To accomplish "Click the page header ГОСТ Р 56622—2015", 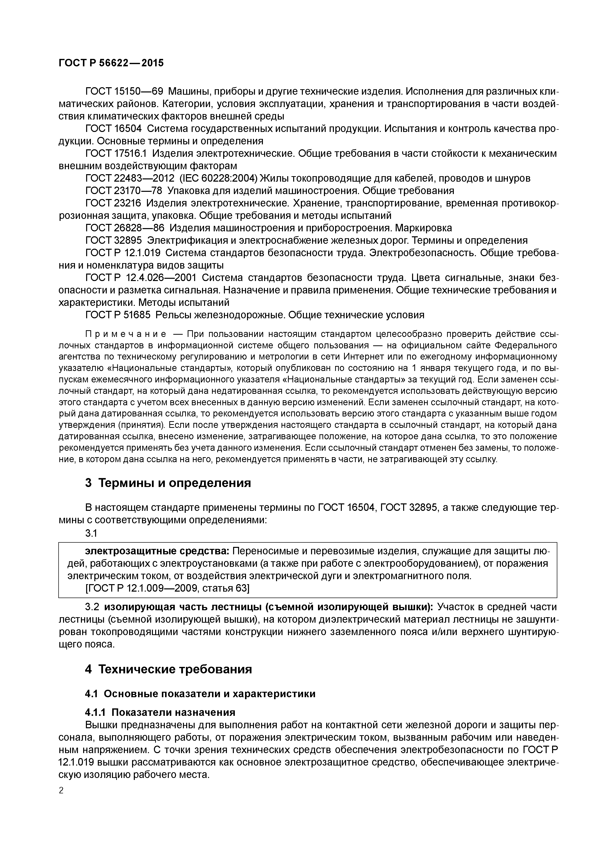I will coord(111,63).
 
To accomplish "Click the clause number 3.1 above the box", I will coord(91,533).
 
